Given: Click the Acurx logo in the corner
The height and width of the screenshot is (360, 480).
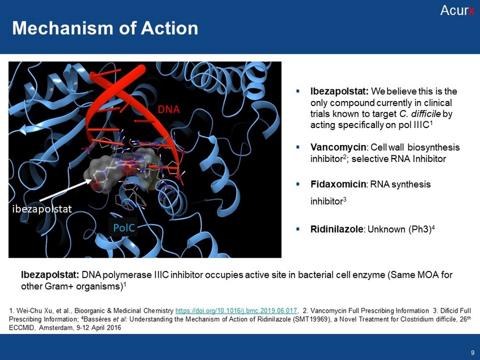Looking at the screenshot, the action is pos(457,10).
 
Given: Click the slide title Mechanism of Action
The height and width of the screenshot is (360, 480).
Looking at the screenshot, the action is pos(105,28).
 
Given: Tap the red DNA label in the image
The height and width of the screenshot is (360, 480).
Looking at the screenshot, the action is pos(169,109).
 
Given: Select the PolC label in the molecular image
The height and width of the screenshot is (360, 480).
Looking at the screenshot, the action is pos(124,227).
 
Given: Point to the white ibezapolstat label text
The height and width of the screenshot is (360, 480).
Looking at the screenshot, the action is pos(42,209).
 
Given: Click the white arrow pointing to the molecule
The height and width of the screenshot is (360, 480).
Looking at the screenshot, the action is pos(66,190).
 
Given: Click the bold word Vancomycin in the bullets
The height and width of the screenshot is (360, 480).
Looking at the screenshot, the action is pos(338,147).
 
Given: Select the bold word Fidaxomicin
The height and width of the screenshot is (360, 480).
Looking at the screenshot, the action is pos(338,184).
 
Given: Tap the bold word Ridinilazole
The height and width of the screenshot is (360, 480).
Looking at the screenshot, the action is pos(337,229).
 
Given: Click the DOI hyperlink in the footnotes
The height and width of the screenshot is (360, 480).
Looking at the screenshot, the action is pos(236,311).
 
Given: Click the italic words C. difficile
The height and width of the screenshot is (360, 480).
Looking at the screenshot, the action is pos(420,114).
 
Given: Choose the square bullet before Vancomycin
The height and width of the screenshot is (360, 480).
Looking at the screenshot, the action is pos(298,147).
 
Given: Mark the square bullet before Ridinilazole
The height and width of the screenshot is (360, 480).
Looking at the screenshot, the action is pos(298,229).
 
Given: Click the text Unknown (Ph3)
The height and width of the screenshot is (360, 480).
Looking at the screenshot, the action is pos(399,230).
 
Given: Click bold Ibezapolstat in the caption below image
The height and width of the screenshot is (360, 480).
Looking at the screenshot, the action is pos(50,275).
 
